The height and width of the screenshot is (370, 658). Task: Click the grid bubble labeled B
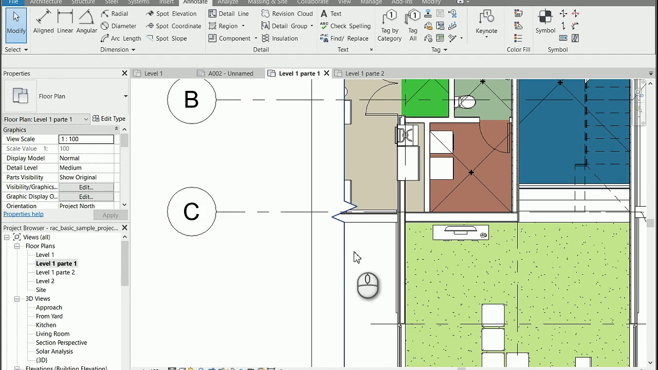pos(191,99)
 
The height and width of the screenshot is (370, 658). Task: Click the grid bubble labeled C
pos(191,211)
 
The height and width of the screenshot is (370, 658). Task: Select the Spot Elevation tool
pos(171,13)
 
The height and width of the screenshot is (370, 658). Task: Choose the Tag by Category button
pos(389,26)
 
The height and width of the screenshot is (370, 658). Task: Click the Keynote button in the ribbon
pos(486,23)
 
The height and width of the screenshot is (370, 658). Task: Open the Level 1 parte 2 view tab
pos(364,73)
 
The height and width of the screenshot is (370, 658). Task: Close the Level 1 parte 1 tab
pos(326,73)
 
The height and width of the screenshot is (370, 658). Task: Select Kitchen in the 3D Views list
pos(46,325)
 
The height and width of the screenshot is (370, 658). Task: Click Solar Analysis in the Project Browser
pos(54,351)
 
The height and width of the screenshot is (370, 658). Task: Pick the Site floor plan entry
pos(41,290)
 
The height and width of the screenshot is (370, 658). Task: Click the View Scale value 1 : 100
pos(86,139)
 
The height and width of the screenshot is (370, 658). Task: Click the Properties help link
pos(23,214)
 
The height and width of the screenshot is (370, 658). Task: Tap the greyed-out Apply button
pos(110,215)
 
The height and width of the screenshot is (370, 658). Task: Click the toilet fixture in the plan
pos(466,102)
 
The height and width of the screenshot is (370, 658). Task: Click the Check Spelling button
pos(345,26)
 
